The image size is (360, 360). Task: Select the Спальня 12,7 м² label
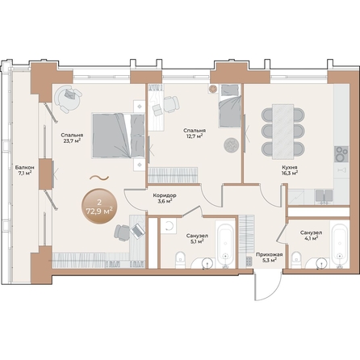pos(193,132)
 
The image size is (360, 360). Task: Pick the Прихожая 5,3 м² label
pos(267,257)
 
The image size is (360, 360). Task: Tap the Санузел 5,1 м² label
pos(195,237)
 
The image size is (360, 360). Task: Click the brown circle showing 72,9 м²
pos(101,206)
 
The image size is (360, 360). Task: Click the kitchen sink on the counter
pos(324,194)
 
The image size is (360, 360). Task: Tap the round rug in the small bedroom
pos(232,144)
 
